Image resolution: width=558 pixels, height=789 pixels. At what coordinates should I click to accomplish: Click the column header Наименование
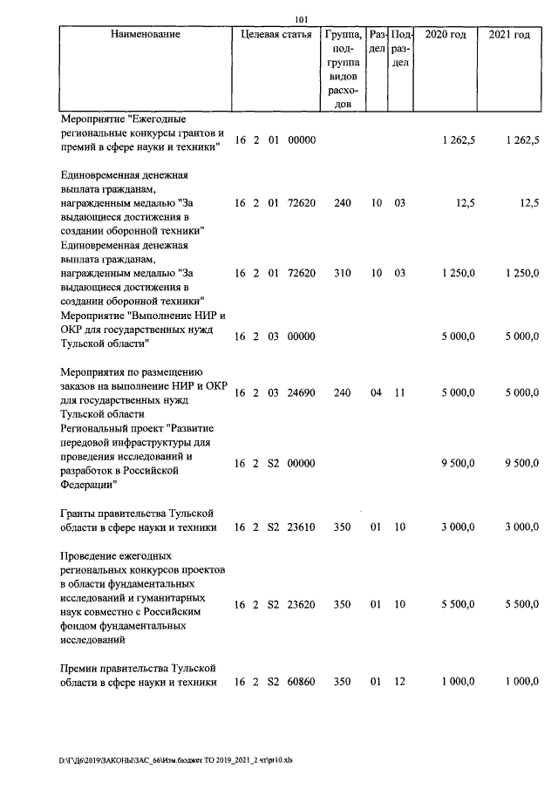coord(146,34)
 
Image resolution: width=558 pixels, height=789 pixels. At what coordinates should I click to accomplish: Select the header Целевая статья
coord(276,34)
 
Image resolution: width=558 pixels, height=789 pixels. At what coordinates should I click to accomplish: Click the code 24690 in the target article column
coord(301,393)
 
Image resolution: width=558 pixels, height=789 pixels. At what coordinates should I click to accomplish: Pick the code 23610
coord(301,527)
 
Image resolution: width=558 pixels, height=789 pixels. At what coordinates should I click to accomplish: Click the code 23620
coord(301,604)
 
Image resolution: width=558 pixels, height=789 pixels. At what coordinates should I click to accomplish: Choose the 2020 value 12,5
coord(465,202)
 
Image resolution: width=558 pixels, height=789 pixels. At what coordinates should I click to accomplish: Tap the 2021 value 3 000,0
coord(521,527)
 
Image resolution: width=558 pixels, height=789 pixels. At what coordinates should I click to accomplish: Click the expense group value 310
coord(342,273)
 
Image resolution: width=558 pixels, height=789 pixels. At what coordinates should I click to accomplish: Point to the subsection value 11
coord(399,393)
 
